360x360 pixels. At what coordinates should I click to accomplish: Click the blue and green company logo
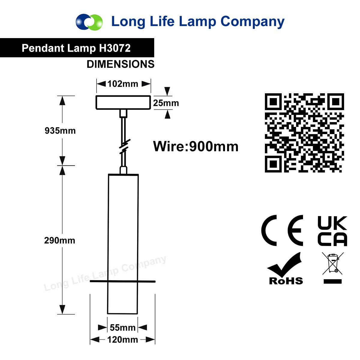click(89, 22)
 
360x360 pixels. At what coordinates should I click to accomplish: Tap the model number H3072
click(115, 48)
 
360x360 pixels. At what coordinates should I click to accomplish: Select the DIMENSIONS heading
click(121, 64)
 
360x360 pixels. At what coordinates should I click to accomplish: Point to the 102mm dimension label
click(123, 84)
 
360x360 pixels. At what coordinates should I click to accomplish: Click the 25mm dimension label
click(166, 103)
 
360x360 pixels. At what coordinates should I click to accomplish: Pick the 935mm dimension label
click(60, 130)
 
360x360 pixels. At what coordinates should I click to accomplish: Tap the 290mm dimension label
click(60, 240)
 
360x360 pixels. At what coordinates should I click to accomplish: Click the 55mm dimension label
click(123, 328)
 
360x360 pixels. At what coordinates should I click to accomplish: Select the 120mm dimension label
click(123, 340)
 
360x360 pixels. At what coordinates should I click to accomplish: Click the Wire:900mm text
click(196, 146)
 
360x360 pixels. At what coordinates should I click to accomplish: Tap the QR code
click(304, 133)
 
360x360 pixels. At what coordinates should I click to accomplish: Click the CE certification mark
click(282, 230)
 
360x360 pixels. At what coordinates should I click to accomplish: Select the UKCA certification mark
click(332, 231)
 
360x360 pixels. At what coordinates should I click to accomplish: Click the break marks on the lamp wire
click(124, 147)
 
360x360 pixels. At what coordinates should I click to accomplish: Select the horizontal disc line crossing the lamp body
click(123, 281)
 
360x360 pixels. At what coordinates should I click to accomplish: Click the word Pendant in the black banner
click(43, 48)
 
